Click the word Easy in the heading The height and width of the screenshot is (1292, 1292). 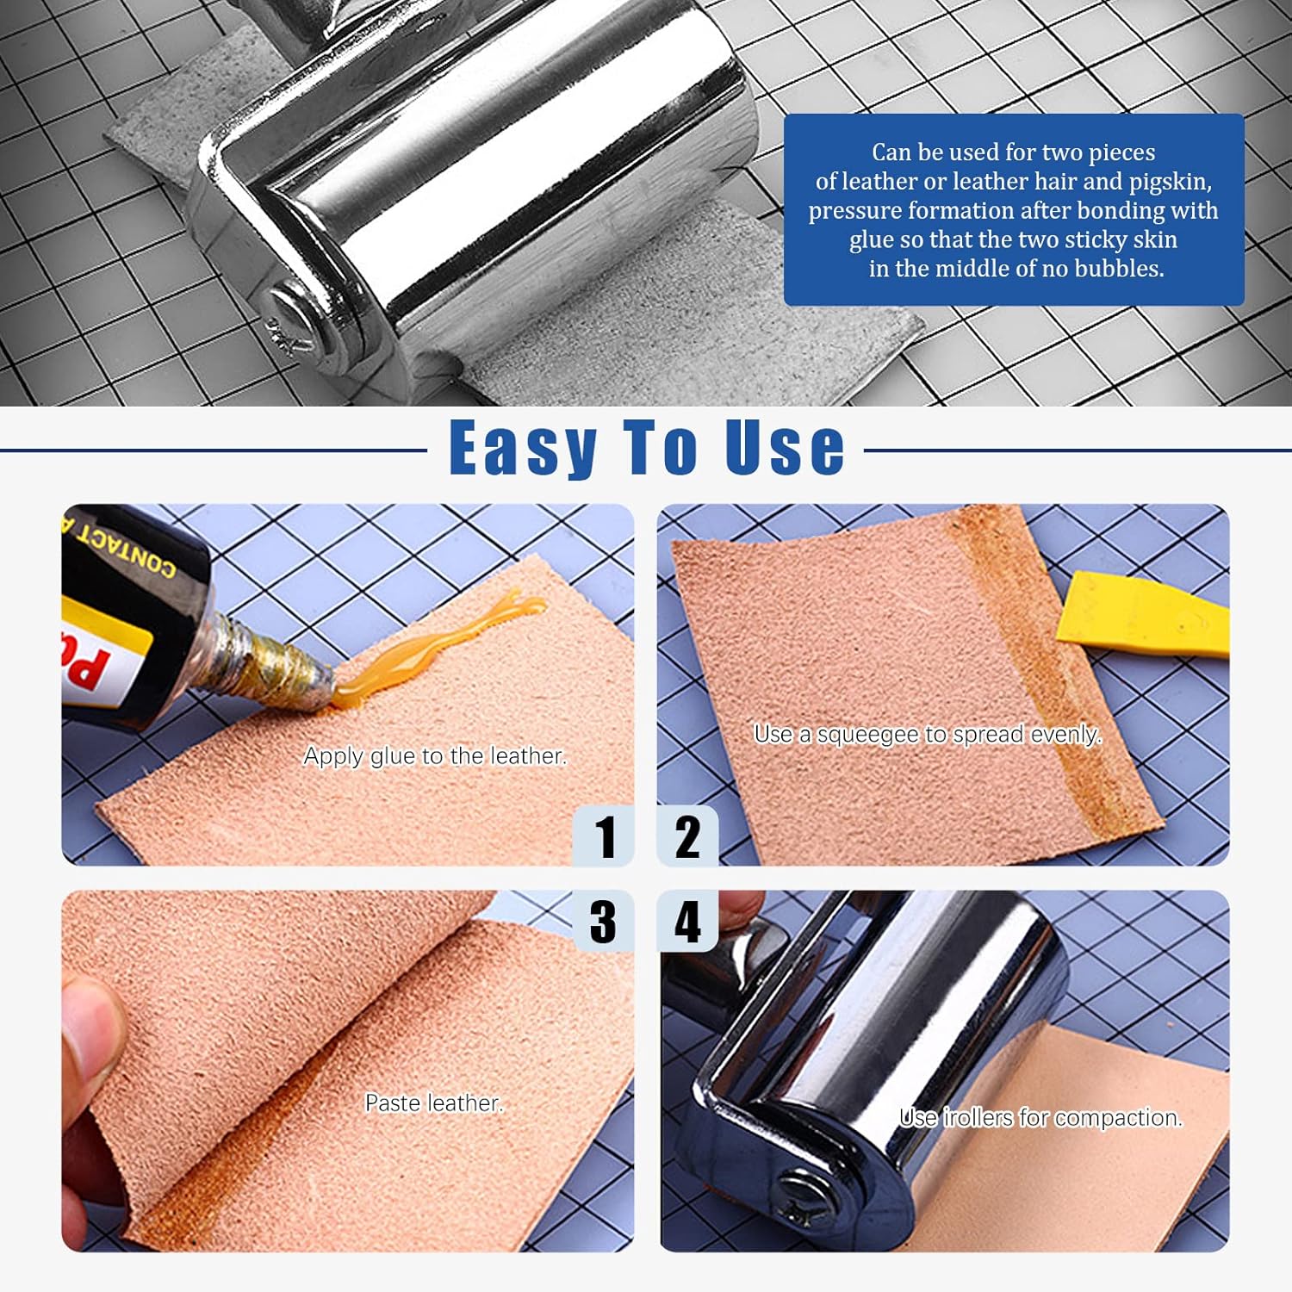(524, 448)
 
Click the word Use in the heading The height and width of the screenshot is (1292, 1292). (784, 448)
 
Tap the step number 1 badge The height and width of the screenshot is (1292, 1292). (605, 836)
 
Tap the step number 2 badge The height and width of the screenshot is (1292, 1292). (686, 836)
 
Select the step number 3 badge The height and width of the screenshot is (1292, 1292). (604, 921)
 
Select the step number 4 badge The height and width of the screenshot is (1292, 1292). (686, 921)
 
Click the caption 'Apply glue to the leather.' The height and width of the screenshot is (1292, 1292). (435, 756)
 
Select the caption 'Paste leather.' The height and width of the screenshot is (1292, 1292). (433, 1103)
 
